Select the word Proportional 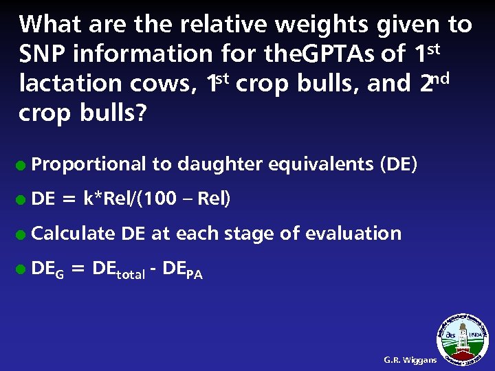click(x=89, y=164)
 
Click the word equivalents click(x=320, y=164)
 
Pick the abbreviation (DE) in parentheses click(x=397, y=164)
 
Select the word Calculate click(x=74, y=233)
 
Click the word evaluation click(x=353, y=233)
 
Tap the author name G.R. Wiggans click(x=410, y=359)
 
